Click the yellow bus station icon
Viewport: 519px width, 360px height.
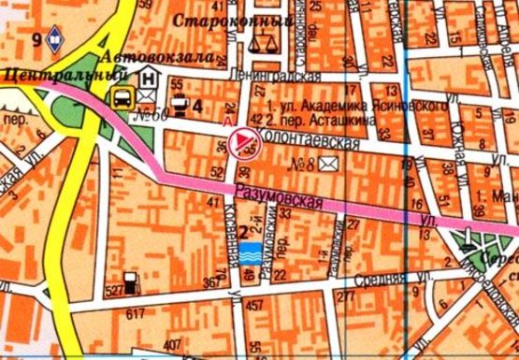coord(122,96)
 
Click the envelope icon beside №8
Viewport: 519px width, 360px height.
coord(328,165)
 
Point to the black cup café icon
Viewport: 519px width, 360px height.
coord(181,105)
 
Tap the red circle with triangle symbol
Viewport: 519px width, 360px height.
coord(240,141)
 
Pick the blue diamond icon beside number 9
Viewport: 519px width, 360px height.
coord(56,39)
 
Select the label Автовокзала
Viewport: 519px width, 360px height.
coord(149,58)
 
